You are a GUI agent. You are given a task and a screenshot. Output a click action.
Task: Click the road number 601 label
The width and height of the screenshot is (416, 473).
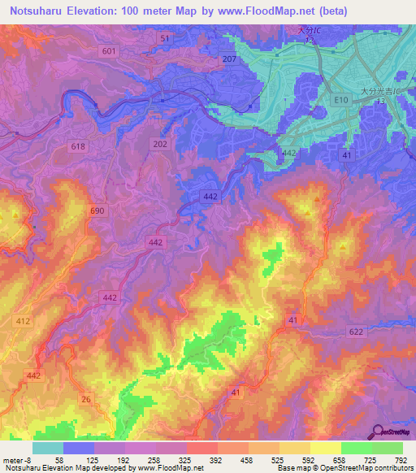click(110, 51)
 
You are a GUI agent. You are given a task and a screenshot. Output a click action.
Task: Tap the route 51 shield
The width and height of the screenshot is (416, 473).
click(166, 39)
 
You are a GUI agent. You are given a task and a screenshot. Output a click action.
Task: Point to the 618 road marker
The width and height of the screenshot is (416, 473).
click(78, 146)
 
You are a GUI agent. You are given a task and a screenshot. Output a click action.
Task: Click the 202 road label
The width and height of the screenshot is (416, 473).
click(160, 143)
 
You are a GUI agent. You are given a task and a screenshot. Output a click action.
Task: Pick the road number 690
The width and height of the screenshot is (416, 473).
click(97, 210)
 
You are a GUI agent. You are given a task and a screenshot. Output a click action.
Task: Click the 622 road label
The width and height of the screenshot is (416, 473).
click(356, 332)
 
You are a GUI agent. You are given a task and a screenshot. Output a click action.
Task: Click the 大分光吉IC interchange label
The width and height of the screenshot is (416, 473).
click(377, 92)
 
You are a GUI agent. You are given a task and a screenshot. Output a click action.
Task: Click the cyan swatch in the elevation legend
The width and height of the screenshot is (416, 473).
click(48, 448)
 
